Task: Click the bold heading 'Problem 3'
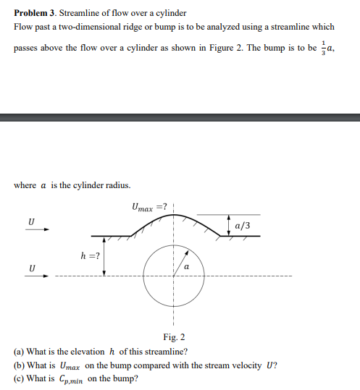pos(34,13)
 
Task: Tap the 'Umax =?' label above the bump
pos(150,207)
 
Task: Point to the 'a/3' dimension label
pos(243,226)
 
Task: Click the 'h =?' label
pos(91,255)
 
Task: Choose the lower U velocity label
pos(30,267)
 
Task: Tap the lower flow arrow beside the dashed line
pos(38,276)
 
